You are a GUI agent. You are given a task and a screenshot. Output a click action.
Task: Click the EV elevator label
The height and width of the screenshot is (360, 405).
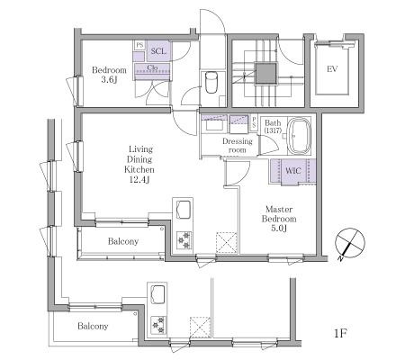(x=332, y=69)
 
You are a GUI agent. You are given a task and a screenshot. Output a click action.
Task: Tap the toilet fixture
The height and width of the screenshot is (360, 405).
(x=211, y=82)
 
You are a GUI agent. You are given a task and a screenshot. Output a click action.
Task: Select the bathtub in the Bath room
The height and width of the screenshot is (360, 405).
(x=299, y=135)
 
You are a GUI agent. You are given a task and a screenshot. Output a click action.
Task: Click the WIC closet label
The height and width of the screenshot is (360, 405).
(x=293, y=171)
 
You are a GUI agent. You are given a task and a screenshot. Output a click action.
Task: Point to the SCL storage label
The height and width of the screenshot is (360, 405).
(x=158, y=51)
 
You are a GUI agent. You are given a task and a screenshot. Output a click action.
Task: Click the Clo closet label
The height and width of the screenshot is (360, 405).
(x=152, y=67)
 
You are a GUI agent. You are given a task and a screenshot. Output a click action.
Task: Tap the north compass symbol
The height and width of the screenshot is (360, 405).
(x=350, y=243)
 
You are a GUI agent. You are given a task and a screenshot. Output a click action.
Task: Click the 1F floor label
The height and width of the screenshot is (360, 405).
(x=341, y=333)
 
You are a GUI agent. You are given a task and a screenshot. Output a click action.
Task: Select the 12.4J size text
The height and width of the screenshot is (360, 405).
(x=139, y=180)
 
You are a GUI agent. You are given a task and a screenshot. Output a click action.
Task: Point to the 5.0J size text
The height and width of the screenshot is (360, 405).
(x=279, y=229)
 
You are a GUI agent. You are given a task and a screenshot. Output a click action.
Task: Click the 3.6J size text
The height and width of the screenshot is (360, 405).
(x=109, y=80)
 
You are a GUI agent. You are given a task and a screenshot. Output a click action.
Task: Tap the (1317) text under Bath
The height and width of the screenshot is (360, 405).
(x=273, y=130)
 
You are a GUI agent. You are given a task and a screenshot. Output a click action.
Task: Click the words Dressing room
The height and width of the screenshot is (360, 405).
(x=238, y=146)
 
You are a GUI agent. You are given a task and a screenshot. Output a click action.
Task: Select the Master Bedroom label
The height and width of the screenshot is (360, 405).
(x=279, y=213)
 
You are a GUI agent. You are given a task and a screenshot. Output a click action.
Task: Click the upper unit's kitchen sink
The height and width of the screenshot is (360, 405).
(x=184, y=210)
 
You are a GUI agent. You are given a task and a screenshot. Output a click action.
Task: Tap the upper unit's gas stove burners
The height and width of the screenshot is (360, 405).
(x=184, y=240)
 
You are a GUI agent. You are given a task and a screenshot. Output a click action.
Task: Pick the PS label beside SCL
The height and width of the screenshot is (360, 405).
(x=139, y=45)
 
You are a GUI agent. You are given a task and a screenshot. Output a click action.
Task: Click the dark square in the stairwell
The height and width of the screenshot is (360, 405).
(x=265, y=73)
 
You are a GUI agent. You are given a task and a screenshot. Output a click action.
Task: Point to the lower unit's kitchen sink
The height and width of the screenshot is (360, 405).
(x=158, y=294)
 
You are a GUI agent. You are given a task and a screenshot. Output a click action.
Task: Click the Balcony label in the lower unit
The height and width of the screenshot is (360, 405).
(x=93, y=326)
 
